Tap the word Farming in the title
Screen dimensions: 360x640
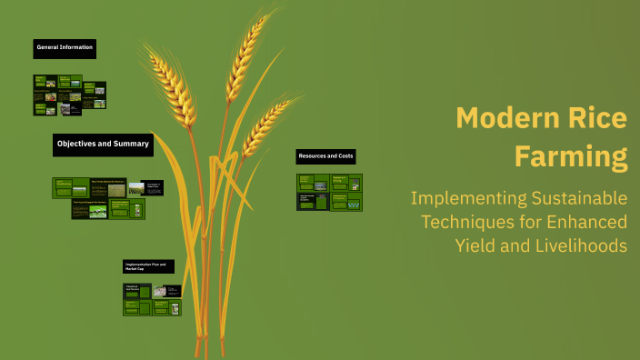(572, 156)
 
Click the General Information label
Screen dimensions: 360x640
(65, 47)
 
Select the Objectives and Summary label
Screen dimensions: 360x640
(102, 144)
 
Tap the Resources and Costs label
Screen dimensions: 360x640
(325, 156)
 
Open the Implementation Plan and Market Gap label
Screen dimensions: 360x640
(147, 266)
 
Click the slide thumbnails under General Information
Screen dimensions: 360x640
(70, 95)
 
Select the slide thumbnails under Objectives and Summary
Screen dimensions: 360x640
(107, 199)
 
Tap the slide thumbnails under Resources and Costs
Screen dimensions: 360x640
(329, 192)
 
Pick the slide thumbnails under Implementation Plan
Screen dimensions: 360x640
(152, 300)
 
